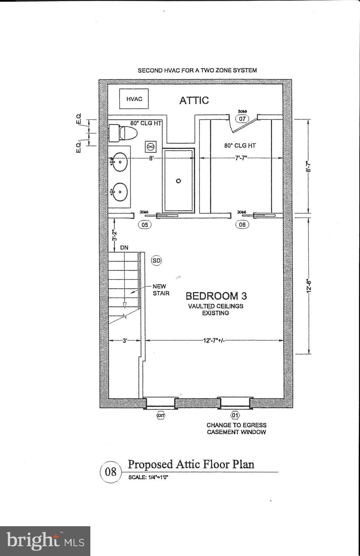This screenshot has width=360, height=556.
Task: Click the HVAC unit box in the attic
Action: (134, 99)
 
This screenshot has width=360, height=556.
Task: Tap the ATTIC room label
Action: (194, 100)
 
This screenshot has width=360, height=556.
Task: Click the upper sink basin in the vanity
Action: (119, 162)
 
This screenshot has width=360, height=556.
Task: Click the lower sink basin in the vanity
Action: (119, 191)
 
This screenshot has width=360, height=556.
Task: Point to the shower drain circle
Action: (178, 181)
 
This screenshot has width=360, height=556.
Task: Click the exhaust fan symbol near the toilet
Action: (151, 147)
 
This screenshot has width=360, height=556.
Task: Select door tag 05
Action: (145, 225)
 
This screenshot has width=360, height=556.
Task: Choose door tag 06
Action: (242, 225)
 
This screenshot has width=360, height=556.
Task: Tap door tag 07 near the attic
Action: (242, 119)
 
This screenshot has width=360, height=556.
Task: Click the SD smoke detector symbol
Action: (156, 261)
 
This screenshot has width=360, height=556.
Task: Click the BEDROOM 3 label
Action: (216, 296)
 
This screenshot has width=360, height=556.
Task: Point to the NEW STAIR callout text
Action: (160, 290)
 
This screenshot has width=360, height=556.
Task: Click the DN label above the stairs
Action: (124, 248)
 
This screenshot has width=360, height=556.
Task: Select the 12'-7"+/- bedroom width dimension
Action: (214, 340)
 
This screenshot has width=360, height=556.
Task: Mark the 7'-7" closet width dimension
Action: (241, 158)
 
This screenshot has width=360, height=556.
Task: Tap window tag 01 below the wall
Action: (235, 415)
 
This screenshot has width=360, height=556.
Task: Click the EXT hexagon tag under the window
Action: (160, 416)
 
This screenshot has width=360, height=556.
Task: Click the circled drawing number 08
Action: (111, 472)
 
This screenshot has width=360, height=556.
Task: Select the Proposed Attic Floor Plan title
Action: (191, 464)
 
